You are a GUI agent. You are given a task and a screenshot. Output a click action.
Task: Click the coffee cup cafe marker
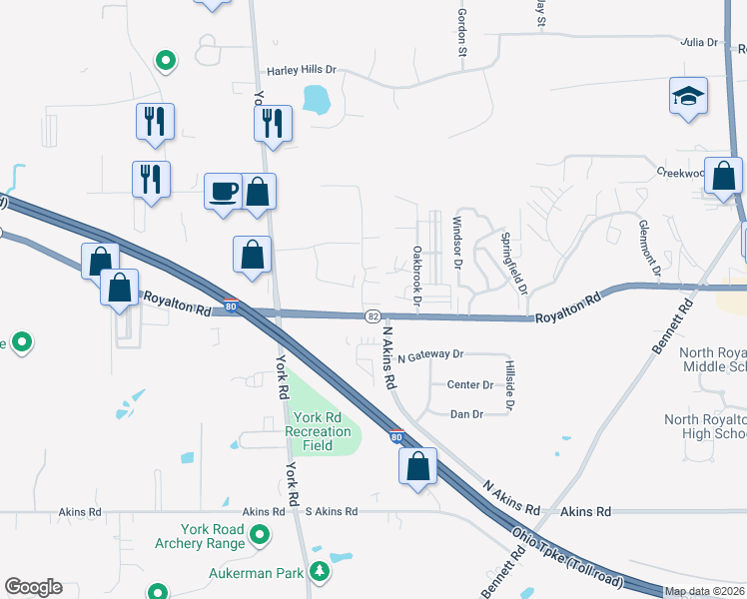click(x=223, y=189)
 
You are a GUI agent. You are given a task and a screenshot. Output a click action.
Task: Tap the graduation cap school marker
click(x=688, y=96)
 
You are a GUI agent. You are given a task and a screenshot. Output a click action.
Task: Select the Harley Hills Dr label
click(x=302, y=71)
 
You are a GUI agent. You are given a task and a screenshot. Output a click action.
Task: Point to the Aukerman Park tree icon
click(x=319, y=572)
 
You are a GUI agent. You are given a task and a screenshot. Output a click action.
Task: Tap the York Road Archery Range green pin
click(x=260, y=536)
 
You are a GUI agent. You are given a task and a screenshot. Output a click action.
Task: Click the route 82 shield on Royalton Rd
click(x=372, y=315)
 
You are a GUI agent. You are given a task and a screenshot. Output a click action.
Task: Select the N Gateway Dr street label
click(x=430, y=354)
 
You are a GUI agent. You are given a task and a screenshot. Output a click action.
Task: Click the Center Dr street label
click(x=470, y=384)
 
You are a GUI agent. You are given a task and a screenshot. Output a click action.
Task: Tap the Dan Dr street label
click(x=466, y=413)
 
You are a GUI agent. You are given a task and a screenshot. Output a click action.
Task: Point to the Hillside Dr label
click(x=509, y=386)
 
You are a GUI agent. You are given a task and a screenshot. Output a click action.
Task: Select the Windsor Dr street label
click(x=457, y=244)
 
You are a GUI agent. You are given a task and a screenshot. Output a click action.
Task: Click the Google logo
click(x=33, y=587)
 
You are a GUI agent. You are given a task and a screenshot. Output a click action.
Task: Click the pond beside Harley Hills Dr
click(x=316, y=98)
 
